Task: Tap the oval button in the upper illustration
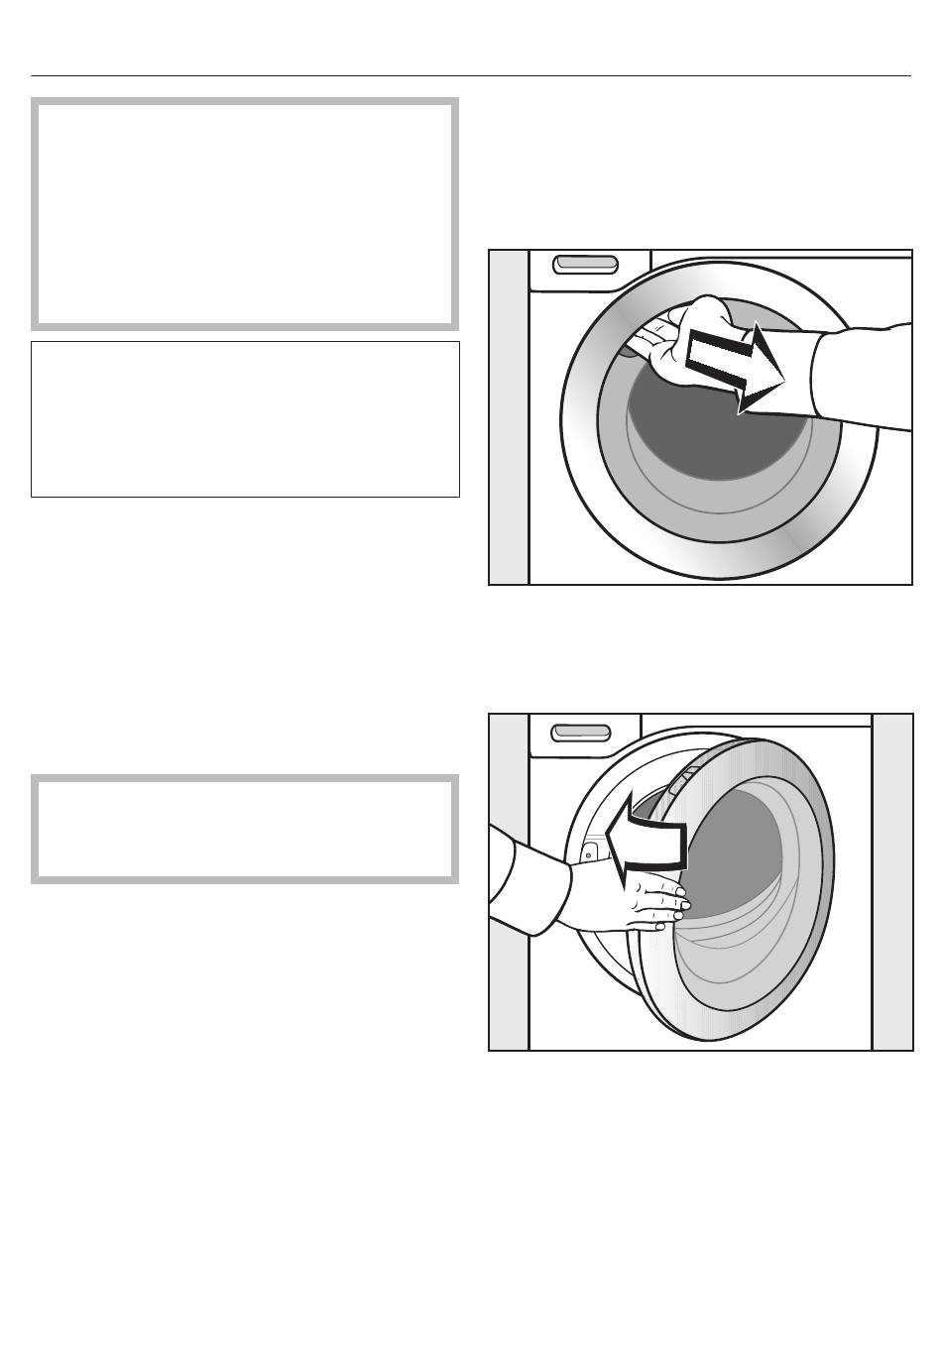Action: [585, 265]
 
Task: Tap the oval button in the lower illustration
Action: [581, 732]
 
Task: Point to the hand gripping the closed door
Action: [684, 342]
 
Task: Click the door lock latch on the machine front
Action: [589, 850]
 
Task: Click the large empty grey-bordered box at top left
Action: [245, 213]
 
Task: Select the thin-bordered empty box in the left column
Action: [245, 418]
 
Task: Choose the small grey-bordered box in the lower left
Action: [245, 829]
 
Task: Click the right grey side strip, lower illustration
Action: [891, 881]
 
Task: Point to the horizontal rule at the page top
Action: [471, 75]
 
